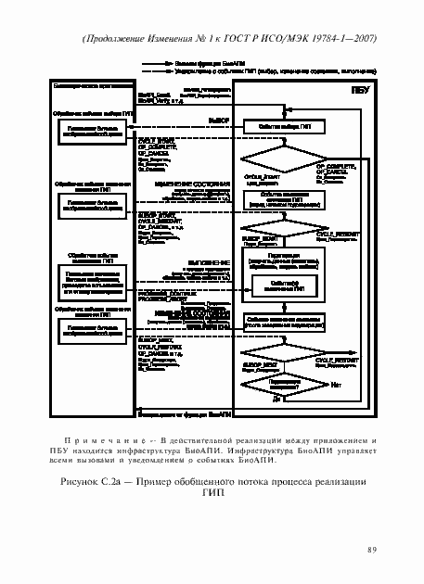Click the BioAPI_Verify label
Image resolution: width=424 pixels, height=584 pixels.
[x=151, y=100]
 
